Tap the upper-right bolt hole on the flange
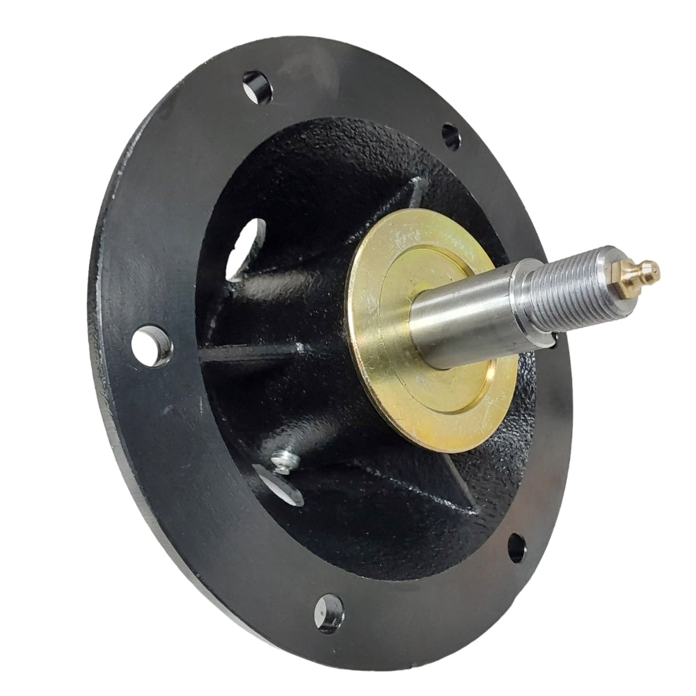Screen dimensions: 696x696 [451, 136]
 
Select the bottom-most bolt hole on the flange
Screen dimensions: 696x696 [329, 612]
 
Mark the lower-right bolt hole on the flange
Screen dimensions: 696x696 [517, 547]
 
